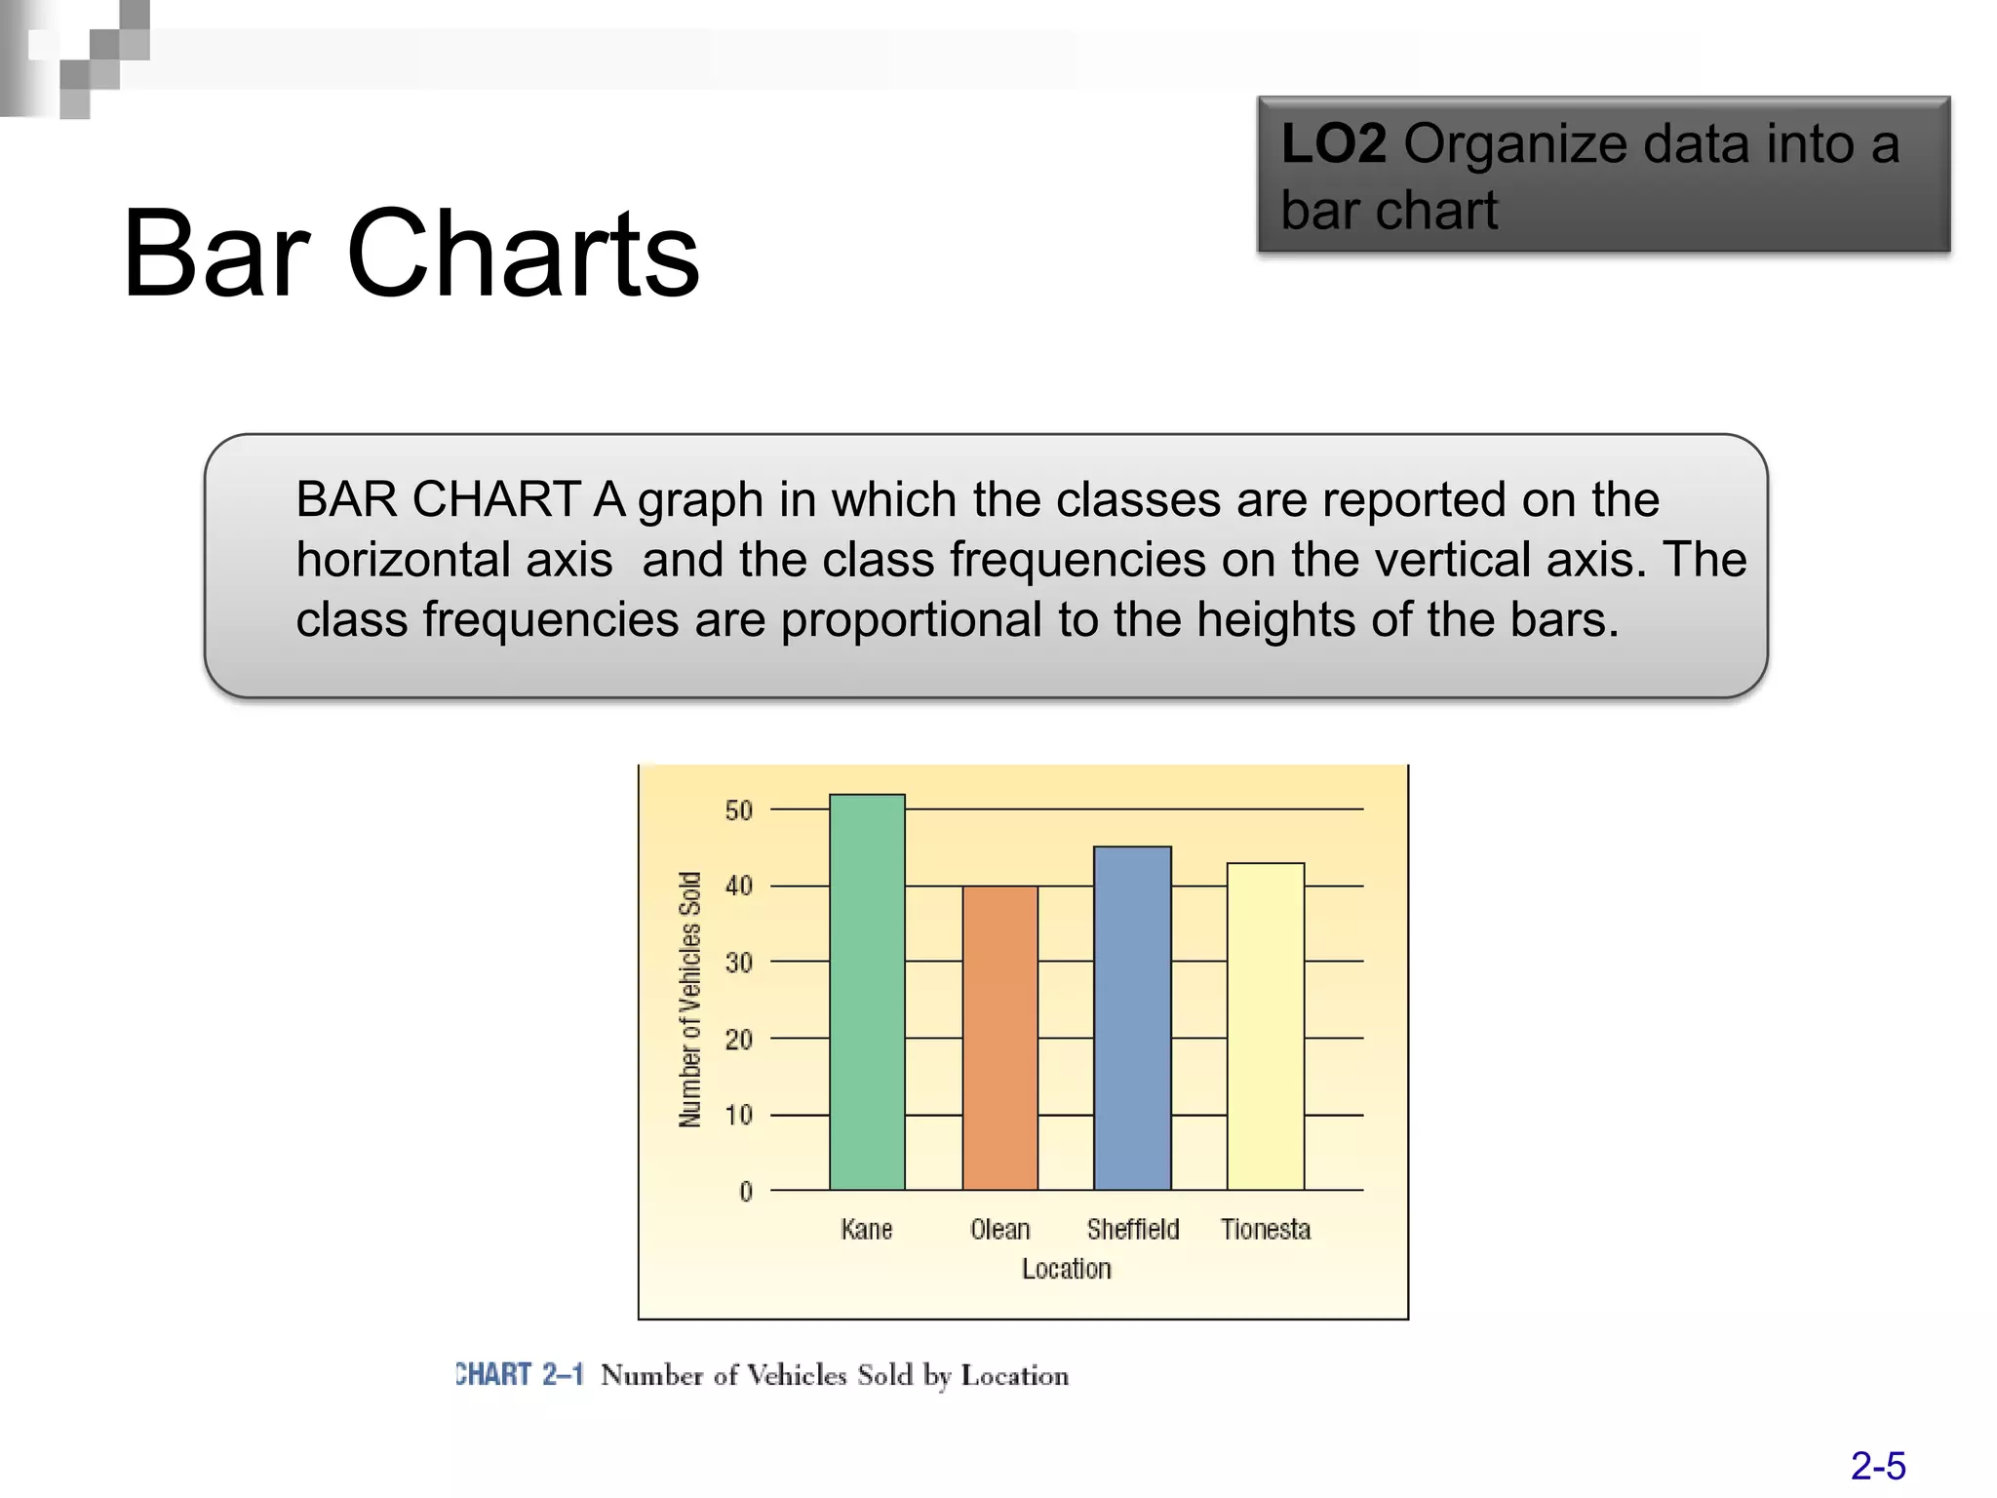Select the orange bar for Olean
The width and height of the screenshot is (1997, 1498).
click(999, 1038)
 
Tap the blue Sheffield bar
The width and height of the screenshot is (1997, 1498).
click(1132, 1018)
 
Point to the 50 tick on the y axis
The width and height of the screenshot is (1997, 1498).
click(739, 810)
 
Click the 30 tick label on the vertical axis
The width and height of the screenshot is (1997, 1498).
click(739, 963)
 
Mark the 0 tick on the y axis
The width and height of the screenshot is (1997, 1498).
click(746, 1191)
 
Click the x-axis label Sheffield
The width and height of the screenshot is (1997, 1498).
click(1133, 1229)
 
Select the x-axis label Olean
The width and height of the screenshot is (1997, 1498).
click(999, 1229)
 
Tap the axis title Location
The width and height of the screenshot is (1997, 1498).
click(1066, 1269)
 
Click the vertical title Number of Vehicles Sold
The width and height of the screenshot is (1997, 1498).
click(690, 1000)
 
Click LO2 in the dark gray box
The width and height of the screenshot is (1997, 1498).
click(1333, 144)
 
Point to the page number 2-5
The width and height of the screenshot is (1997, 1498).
click(1877, 1466)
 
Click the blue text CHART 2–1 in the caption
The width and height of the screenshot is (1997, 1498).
click(520, 1374)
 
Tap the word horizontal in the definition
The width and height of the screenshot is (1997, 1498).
click(453, 560)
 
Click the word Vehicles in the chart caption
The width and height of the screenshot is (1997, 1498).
click(797, 1375)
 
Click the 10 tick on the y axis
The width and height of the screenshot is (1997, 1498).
click(739, 1115)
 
